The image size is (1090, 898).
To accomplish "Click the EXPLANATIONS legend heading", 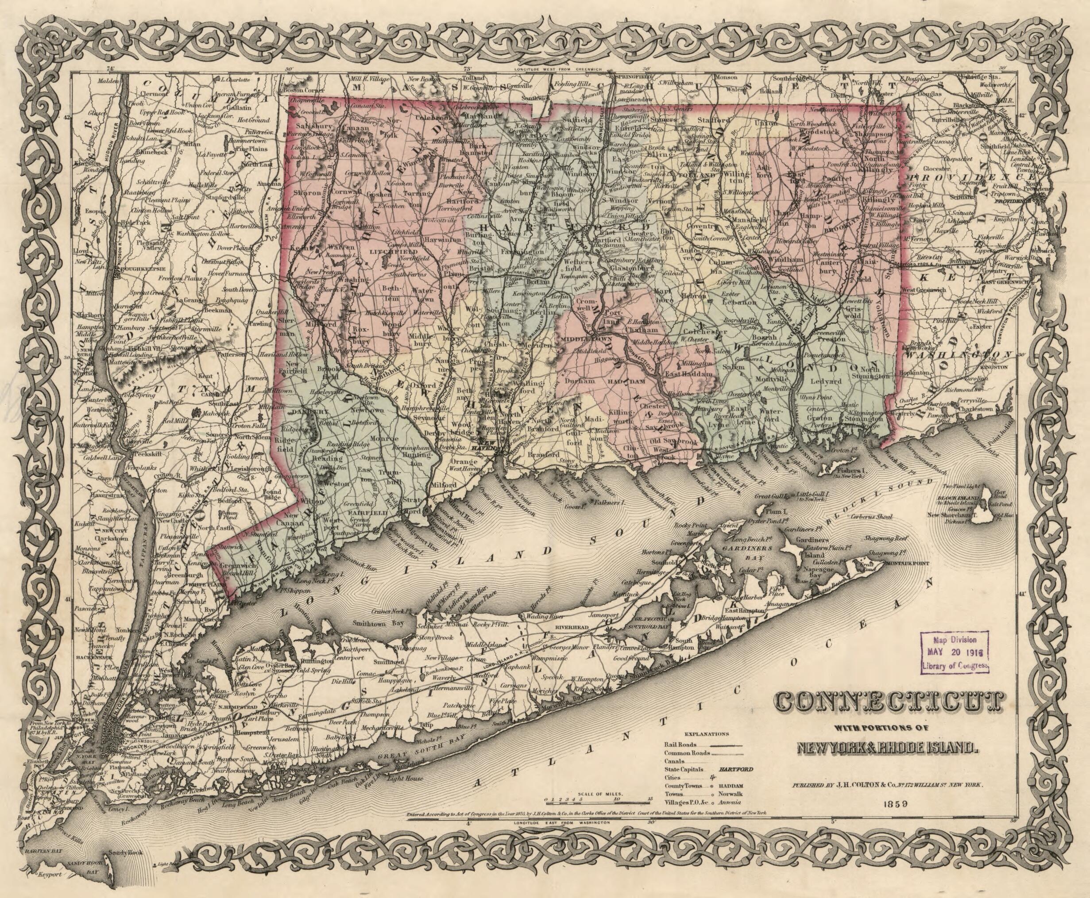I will (706, 733).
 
